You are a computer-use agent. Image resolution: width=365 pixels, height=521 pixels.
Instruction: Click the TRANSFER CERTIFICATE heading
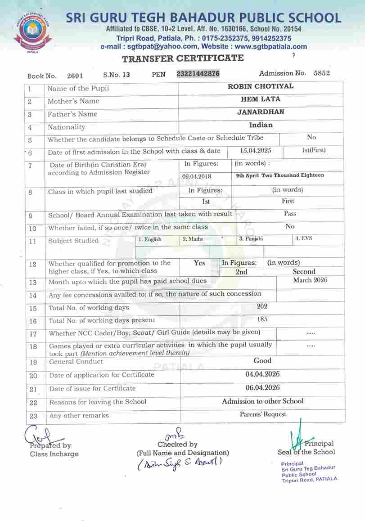pyautogui.click(x=183, y=58)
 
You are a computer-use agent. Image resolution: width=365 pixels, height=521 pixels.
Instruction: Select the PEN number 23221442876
pyautogui.click(x=198, y=74)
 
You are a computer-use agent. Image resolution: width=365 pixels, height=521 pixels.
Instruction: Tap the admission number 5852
pyautogui.click(x=321, y=73)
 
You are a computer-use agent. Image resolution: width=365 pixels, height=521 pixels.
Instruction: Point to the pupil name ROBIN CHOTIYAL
pyautogui.click(x=261, y=86)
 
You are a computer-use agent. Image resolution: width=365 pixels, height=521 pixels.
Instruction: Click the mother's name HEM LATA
pyautogui.click(x=261, y=99)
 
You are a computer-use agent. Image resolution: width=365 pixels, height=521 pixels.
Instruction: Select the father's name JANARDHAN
pyautogui.click(x=261, y=112)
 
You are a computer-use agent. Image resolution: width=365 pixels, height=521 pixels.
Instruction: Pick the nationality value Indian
pyautogui.click(x=261, y=125)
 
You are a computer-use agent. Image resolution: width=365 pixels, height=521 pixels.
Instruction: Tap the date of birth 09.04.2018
pyautogui.click(x=197, y=177)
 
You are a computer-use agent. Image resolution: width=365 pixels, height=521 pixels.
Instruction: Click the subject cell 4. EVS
pyautogui.click(x=303, y=238)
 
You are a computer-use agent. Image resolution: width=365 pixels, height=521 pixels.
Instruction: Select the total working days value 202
pyautogui.click(x=262, y=306)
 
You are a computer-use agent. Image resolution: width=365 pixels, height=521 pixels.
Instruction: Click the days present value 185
pyautogui.click(x=262, y=319)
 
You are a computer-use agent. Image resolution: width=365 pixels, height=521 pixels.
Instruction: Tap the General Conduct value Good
pyautogui.click(x=262, y=360)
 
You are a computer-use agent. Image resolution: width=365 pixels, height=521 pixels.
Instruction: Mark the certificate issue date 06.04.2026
pyautogui.click(x=263, y=387)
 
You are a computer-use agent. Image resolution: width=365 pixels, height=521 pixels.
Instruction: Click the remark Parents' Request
pyautogui.click(x=263, y=414)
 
